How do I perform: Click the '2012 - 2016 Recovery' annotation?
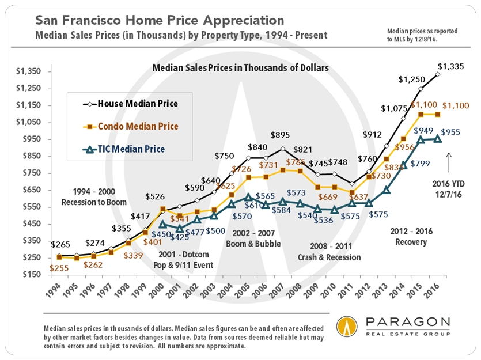pos(410,237)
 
